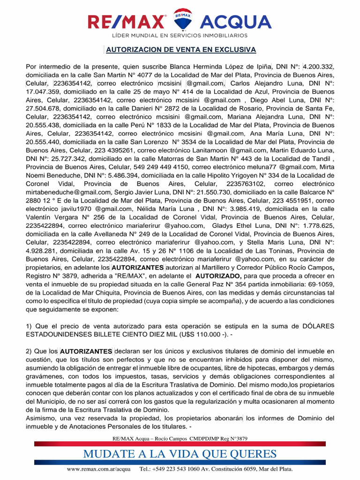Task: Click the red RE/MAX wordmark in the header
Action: point(126,22)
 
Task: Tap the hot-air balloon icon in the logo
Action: point(182,20)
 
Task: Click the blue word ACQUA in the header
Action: point(235,22)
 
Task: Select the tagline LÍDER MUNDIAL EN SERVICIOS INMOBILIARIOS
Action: point(180,36)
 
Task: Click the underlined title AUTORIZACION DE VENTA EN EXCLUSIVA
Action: point(180,50)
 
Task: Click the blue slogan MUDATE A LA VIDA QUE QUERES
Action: point(180,454)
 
